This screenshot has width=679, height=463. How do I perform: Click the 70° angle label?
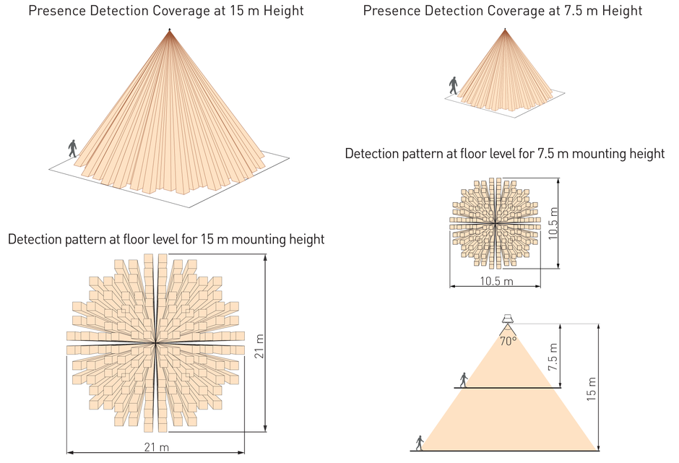(509, 341)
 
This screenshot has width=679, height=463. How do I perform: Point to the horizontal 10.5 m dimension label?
(496, 281)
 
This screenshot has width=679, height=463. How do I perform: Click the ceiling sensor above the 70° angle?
(509, 319)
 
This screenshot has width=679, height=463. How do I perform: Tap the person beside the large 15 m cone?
(72, 149)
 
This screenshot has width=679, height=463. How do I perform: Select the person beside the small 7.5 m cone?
(454, 86)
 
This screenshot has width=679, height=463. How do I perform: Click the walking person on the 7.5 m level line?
(463, 380)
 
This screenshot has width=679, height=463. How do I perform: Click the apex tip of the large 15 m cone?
(170, 30)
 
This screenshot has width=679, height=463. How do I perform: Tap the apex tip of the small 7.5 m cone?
(503, 30)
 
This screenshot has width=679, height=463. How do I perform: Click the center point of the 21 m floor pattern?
(155, 342)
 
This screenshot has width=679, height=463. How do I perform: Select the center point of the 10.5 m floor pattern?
(495, 224)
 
